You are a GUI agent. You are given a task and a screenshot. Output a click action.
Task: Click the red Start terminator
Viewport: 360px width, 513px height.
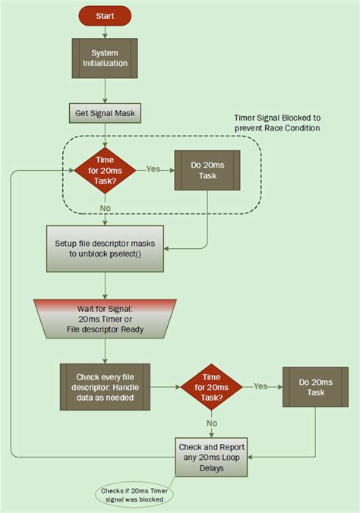click(106, 15)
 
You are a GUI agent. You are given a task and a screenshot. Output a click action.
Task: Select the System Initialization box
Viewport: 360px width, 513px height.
click(105, 58)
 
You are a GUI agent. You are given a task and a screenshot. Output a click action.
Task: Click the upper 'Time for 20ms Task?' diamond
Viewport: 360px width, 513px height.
click(106, 169)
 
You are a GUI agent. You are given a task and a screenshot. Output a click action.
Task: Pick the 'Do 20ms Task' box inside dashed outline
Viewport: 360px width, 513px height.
click(207, 169)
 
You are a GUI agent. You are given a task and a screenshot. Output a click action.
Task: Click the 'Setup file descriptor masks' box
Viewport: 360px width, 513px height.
click(105, 249)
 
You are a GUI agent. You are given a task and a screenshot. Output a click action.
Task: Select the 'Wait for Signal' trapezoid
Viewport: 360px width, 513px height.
click(105, 319)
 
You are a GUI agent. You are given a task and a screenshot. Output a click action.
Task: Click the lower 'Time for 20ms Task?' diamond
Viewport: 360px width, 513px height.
click(211, 387)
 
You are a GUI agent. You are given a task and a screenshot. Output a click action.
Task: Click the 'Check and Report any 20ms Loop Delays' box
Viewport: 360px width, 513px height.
click(211, 458)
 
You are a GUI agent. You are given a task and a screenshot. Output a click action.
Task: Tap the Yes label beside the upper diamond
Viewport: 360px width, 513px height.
click(153, 168)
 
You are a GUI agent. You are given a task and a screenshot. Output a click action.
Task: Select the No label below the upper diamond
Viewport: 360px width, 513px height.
click(106, 208)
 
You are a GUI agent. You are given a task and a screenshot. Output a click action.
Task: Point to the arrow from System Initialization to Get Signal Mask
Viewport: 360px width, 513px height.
click(106, 90)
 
